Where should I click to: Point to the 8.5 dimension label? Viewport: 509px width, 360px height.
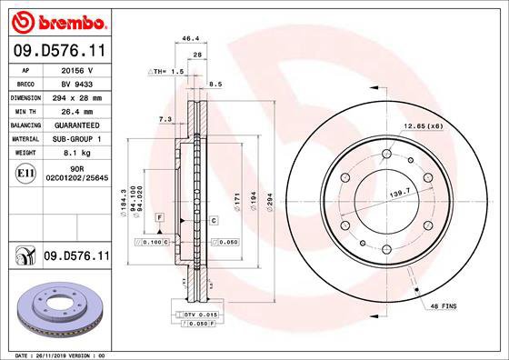pos(215,85)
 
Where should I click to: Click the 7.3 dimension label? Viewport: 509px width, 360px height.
pos(165,119)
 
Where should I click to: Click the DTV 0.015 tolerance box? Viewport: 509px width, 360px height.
pos(194,313)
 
